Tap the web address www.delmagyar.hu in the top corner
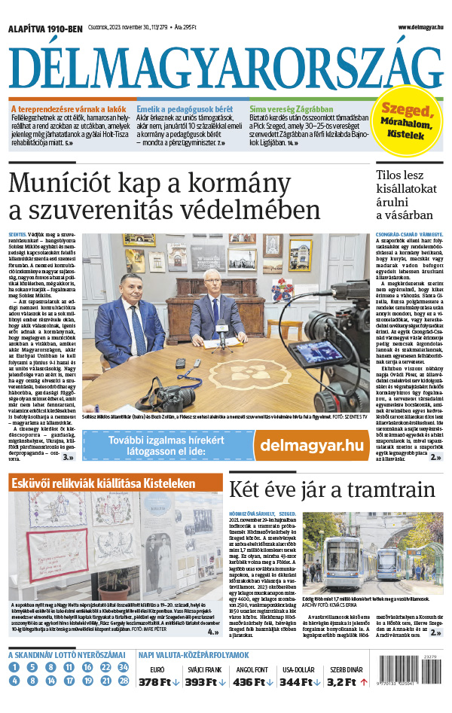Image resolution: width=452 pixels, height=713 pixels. click(x=412, y=28)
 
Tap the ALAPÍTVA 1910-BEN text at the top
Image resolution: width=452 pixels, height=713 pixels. click(x=44, y=29)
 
